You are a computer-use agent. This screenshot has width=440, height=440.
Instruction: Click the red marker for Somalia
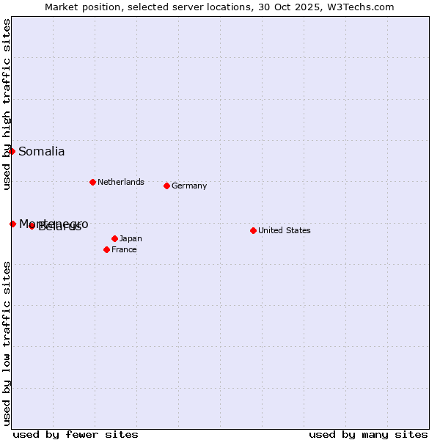pos(12,151)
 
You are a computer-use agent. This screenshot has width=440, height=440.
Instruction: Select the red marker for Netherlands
pos(92,182)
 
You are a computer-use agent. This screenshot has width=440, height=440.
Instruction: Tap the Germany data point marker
pos(166,186)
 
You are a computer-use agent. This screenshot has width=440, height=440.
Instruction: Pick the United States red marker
pos(253,230)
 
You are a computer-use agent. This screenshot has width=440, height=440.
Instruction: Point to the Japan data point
pos(114,238)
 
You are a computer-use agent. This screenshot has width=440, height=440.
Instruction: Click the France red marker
pos(106,249)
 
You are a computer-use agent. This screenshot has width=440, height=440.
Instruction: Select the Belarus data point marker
pos(32,226)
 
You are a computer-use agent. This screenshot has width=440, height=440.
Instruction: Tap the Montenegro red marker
pos(12,224)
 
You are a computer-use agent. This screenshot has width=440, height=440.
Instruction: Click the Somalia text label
pos(42,152)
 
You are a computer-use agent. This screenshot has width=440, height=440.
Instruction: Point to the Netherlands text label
pos(121,182)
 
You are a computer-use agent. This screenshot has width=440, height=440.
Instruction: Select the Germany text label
pos(189,186)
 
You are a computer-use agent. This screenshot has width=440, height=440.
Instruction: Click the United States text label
pos(285,230)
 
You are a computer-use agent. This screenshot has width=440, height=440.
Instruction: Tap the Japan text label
pos(131,238)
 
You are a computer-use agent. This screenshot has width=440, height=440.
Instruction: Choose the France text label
pos(124,249)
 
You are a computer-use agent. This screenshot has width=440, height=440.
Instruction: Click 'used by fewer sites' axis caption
pos(76,434)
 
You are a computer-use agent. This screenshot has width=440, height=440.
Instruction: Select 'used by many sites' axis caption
pos(368,434)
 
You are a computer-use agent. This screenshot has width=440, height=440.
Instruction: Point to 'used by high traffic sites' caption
pos(7,104)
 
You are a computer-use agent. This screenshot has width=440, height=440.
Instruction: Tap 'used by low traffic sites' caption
pos(7,343)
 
